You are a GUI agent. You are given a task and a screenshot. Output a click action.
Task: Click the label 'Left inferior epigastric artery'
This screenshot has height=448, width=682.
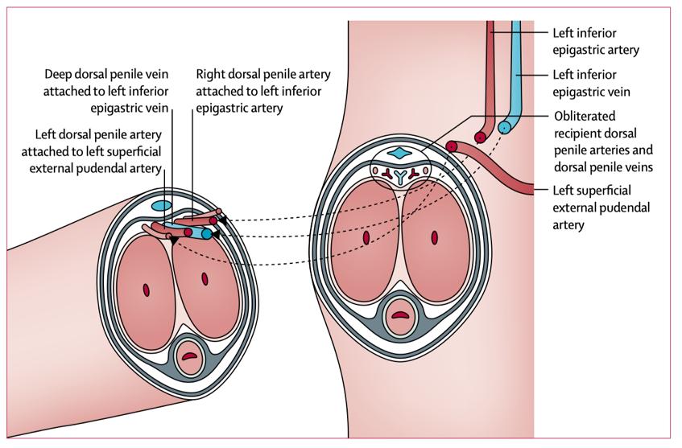596,43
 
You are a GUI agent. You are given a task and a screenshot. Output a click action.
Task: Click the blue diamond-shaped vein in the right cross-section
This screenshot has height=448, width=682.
398,153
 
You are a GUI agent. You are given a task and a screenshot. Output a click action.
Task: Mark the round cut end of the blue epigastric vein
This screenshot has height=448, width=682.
503,127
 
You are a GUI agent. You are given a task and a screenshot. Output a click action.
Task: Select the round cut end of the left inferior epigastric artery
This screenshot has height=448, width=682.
480,137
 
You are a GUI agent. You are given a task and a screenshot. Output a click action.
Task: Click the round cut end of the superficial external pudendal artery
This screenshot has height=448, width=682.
453,147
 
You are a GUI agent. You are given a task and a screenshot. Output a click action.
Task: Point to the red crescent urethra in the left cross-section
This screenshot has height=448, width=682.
189,353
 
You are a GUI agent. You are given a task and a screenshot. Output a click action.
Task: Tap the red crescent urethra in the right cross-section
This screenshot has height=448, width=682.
399,314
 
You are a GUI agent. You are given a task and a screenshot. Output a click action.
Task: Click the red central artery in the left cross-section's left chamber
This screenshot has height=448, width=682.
147,289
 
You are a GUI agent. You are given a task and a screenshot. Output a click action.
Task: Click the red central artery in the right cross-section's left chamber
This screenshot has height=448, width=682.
365,237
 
